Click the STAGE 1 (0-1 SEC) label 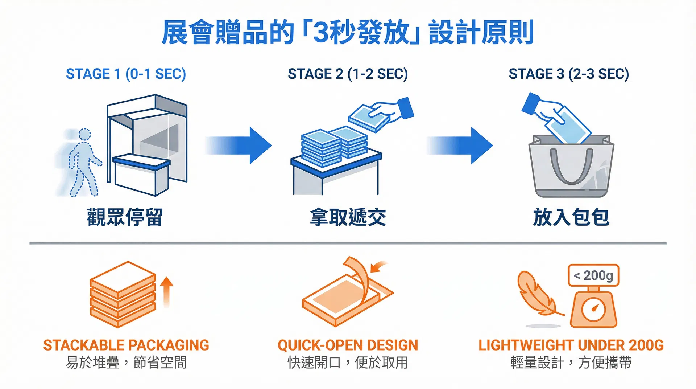tap(126, 74)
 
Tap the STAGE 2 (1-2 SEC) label tap(348, 74)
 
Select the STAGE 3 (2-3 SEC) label tap(568, 74)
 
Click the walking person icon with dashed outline tap(83, 163)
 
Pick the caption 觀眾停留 tap(125, 217)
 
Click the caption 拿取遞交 tap(348, 217)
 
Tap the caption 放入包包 tap(571, 217)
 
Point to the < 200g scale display tap(593, 275)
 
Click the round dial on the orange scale tap(593, 309)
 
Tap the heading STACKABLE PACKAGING tap(126, 345)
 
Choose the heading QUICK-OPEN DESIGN tap(348, 345)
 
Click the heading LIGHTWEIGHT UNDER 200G tap(571, 345)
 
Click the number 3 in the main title tap(320, 33)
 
